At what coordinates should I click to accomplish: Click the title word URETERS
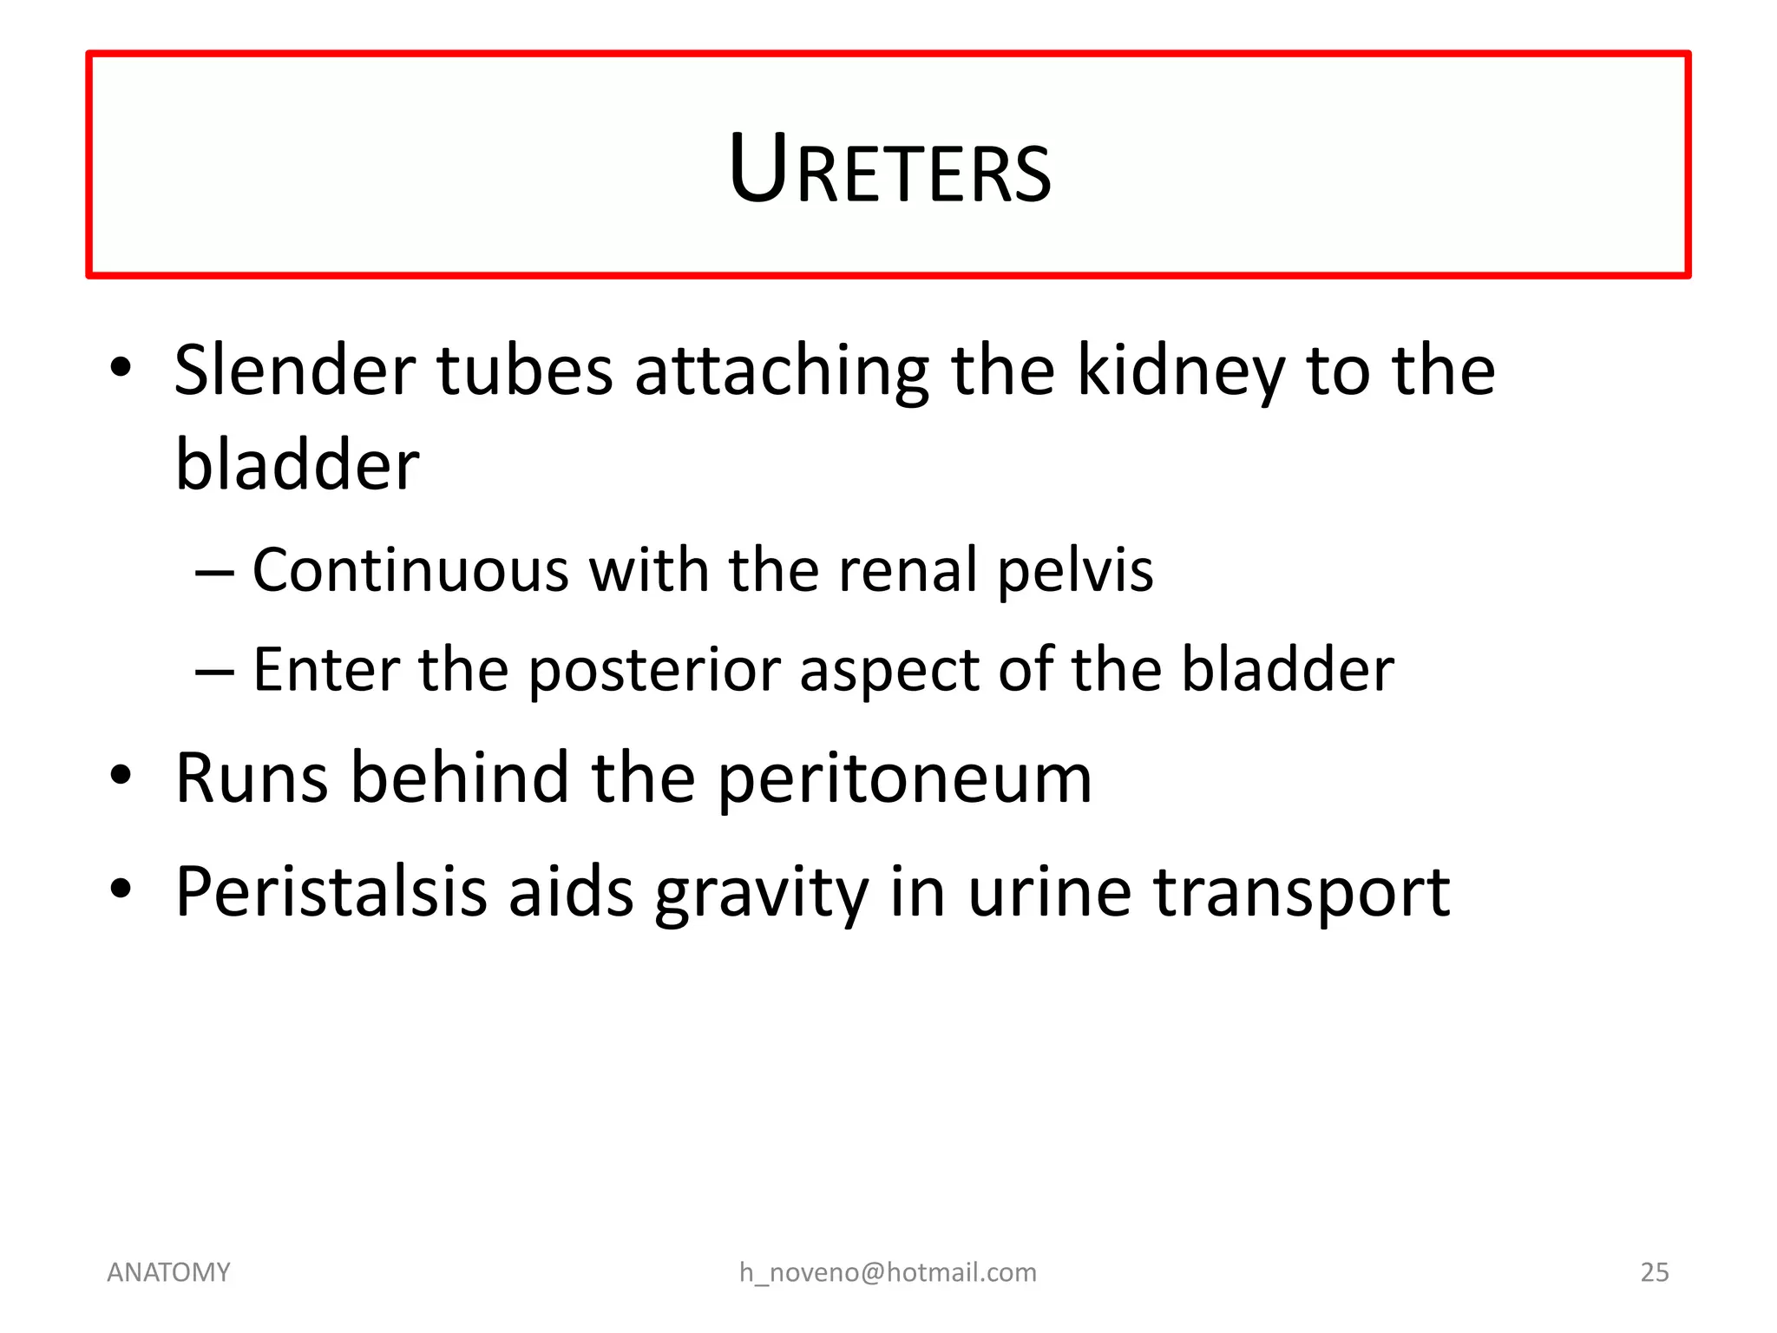[x=889, y=170]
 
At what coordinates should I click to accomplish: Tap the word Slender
[x=294, y=371]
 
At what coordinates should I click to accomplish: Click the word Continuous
[x=410, y=570]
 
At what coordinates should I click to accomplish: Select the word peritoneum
[x=905, y=779]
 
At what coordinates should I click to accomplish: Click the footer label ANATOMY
[x=168, y=1272]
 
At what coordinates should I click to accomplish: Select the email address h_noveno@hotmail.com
[x=888, y=1272]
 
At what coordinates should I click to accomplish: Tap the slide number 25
[x=1654, y=1272]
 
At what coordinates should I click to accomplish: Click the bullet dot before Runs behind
[x=121, y=774]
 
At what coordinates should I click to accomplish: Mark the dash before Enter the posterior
[x=214, y=672]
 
